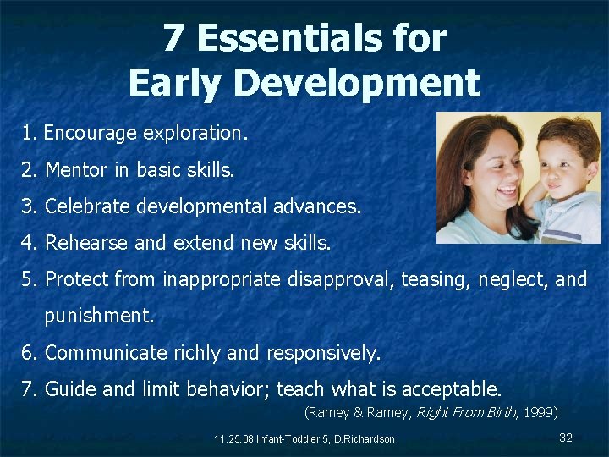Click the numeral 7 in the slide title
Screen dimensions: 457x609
point(173,38)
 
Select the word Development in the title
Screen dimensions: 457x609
point(354,83)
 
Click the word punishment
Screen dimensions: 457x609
point(99,317)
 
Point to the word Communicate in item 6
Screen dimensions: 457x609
point(107,353)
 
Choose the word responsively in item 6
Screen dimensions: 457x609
point(323,353)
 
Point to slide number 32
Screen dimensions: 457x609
point(566,437)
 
